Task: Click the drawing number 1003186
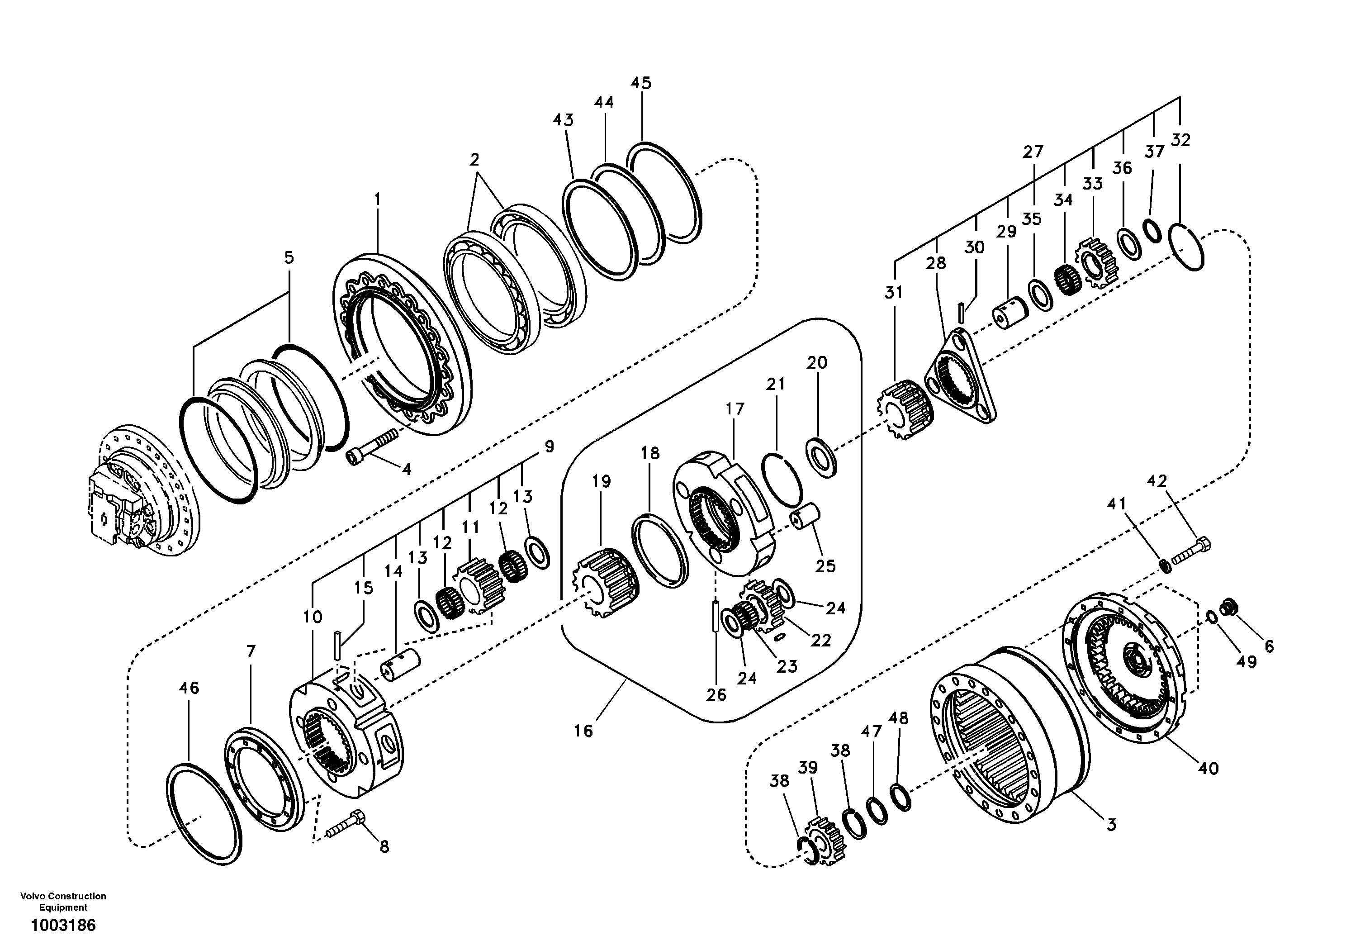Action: pyautogui.click(x=63, y=926)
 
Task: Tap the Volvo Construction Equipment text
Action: pyautogui.click(x=63, y=901)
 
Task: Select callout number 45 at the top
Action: pyautogui.click(x=641, y=83)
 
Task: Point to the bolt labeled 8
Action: pyautogui.click(x=346, y=823)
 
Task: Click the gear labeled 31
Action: pyautogui.click(x=906, y=410)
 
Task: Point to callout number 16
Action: pyautogui.click(x=583, y=731)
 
